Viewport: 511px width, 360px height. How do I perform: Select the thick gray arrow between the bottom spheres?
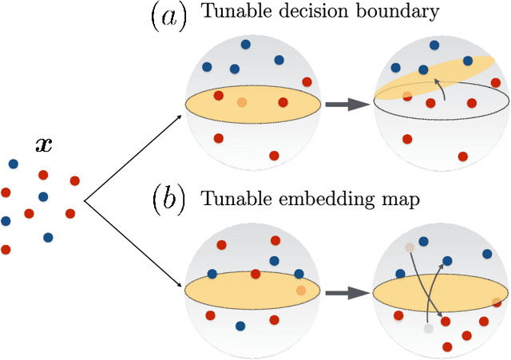click(x=344, y=293)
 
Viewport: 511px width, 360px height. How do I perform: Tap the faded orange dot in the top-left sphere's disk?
click(x=242, y=102)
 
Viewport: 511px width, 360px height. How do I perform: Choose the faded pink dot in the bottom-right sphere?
click(x=410, y=247)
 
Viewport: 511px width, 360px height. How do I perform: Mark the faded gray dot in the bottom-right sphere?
click(x=428, y=328)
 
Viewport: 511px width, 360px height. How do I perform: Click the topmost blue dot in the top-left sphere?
click(x=245, y=45)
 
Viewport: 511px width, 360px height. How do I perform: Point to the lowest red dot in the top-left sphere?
click(x=274, y=155)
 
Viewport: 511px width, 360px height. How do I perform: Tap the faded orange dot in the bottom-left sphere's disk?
click(x=299, y=291)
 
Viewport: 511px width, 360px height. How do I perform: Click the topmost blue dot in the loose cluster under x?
click(x=14, y=164)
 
